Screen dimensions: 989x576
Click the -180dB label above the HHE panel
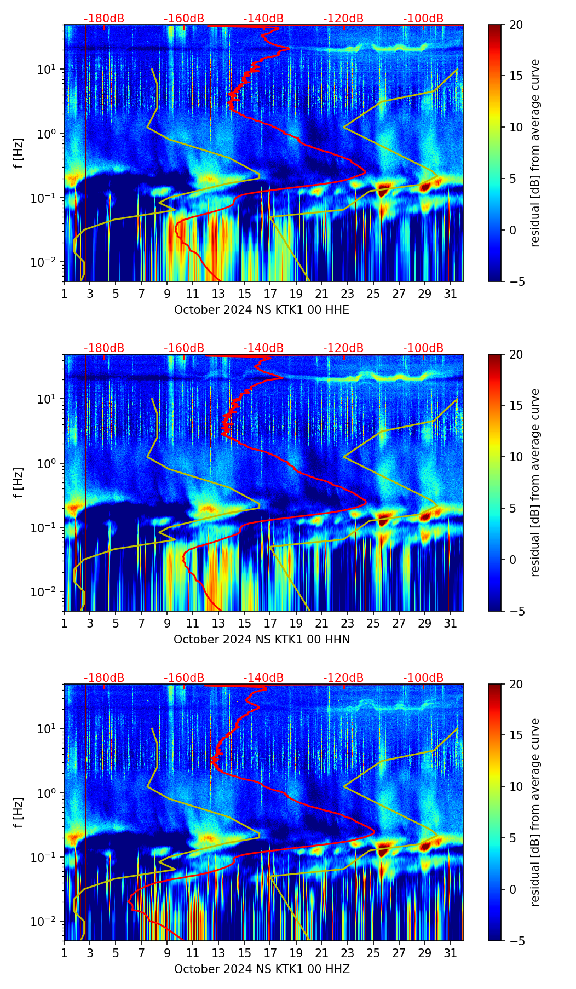pyautogui.click(x=104, y=19)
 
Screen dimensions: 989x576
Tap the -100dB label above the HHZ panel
pyautogui.click(x=423, y=678)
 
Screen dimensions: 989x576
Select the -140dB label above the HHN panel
pyautogui.click(x=263, y=348)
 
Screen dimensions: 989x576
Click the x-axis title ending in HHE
pyautogui.click(x=262, y=310)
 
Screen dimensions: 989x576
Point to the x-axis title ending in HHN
pyautogui.click(x=262, y=640)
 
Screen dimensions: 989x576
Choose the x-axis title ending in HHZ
pyautogui.click(x=262, y=969)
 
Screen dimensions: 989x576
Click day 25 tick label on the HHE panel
pyautogui.click(x=373, y=294)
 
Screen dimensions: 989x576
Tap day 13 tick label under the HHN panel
pyautogui.click(x=218, y=624)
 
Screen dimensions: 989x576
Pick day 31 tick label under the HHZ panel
pyautogui.click(x=450, y=953)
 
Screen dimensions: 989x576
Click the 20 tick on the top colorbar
pyautogui.click(x=516, y=25)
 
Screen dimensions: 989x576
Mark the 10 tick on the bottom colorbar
pyautogui.click(x=516, y=787)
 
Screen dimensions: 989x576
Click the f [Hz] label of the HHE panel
pyautogui.click(x=19, y=153)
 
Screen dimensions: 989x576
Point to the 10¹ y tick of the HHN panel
pyautogui.click(x=50, y=399)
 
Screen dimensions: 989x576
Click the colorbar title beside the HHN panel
pyautogui.click(x=535, y=482)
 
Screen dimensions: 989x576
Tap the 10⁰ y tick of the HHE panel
pyautogui.click(x=50, y=134)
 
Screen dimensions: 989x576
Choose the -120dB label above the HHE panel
pyautogui.click(x=343, y=19)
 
